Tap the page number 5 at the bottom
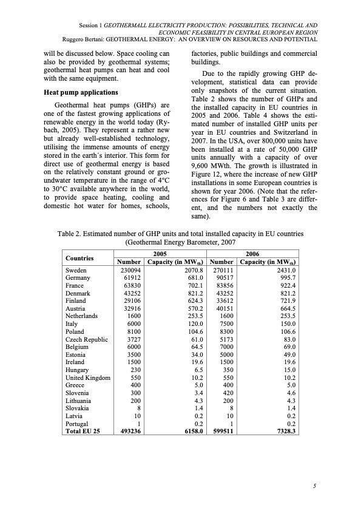coord(315,486)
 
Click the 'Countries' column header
coord(79,257)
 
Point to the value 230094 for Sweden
coord(130,269)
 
